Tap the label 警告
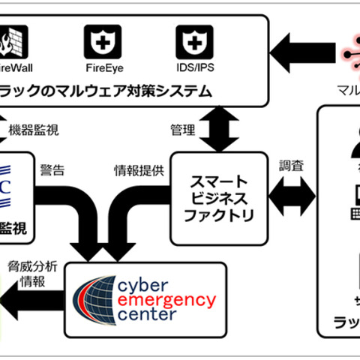tap(52, 169)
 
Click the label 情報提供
tap(139, 169)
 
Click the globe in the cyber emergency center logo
tap(94, 298)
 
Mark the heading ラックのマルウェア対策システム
tap(105, 91)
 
